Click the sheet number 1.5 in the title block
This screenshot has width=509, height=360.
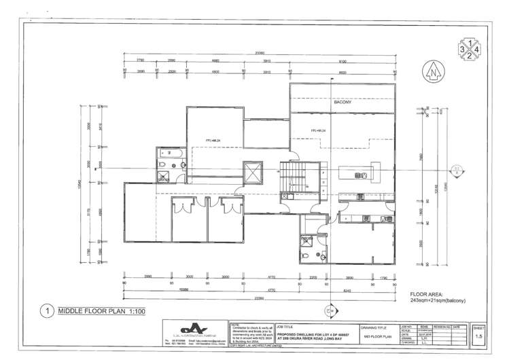(479, 336)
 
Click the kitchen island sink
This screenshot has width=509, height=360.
(364, 175)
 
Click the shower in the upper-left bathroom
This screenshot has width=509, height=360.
(164, 177)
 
